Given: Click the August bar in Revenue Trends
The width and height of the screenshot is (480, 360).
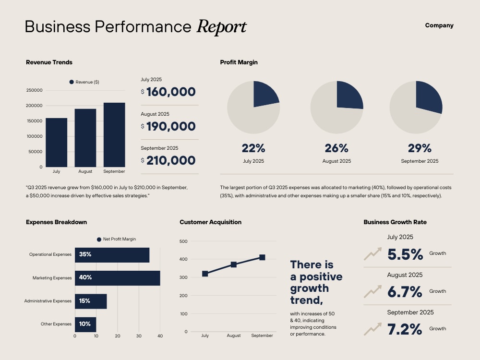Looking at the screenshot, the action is (x=85, y=138).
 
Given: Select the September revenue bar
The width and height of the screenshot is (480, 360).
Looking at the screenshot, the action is (x=114, y=135).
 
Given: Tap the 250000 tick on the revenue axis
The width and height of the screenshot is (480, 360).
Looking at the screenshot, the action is (x=34, y=90).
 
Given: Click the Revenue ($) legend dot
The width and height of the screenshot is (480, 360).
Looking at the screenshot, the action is (x=72, y=82).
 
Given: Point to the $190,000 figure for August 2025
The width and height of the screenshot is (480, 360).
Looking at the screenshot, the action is (x=168, y=126).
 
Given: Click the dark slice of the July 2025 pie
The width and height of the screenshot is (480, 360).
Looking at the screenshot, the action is (x=265, y=94).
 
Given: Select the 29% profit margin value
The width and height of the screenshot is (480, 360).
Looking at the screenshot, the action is (x=420, y=148).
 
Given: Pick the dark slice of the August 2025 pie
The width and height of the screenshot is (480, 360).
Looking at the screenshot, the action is (x=349, y=95).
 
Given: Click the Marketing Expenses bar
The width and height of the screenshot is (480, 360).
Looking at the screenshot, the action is (x=118, y=278).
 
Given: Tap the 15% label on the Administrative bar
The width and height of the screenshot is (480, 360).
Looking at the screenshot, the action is (x=84, y=301).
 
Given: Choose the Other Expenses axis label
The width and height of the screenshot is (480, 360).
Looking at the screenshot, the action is (x=56, y=324).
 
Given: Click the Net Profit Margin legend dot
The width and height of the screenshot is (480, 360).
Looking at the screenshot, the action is (x=99, y=240).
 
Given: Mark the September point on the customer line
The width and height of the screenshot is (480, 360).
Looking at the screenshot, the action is (x=262, y=257).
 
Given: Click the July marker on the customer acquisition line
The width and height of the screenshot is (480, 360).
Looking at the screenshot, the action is (x=205, y=274).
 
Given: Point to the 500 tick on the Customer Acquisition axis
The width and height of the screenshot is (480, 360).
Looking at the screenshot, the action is (x=183, y=241).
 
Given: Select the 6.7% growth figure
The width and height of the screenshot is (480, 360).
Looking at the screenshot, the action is (x=405, y=292).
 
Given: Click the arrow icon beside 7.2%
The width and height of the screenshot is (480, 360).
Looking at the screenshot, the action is (x=373, y=329).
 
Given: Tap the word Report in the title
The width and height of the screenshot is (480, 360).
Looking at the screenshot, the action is (x=221, y=26).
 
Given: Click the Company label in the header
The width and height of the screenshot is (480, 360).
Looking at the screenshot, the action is (x=439, y=25).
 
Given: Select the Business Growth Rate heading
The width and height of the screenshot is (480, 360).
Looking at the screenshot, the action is (x=395, y=222).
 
